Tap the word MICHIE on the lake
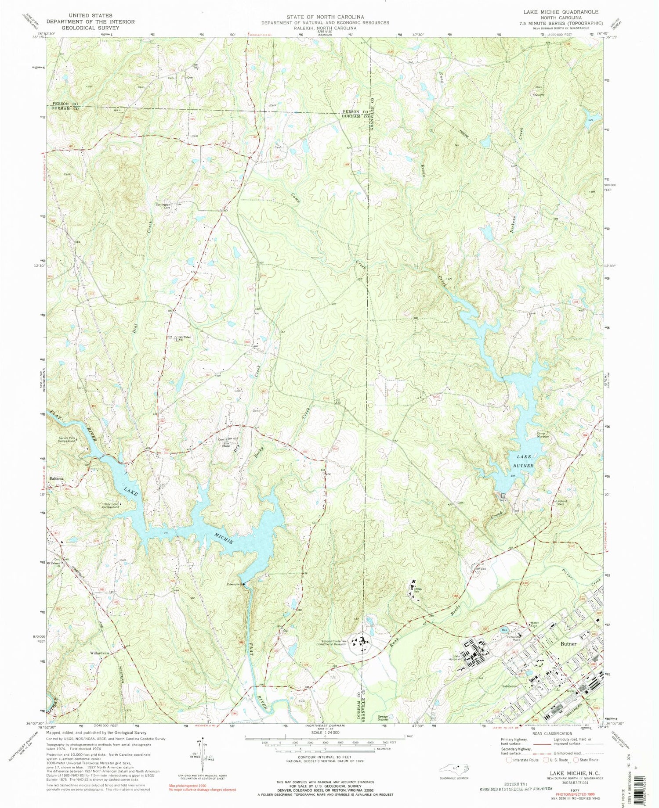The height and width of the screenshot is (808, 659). (224, 538)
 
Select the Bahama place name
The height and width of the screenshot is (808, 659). (57, 478)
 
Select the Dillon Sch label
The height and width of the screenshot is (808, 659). (417, 590)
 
